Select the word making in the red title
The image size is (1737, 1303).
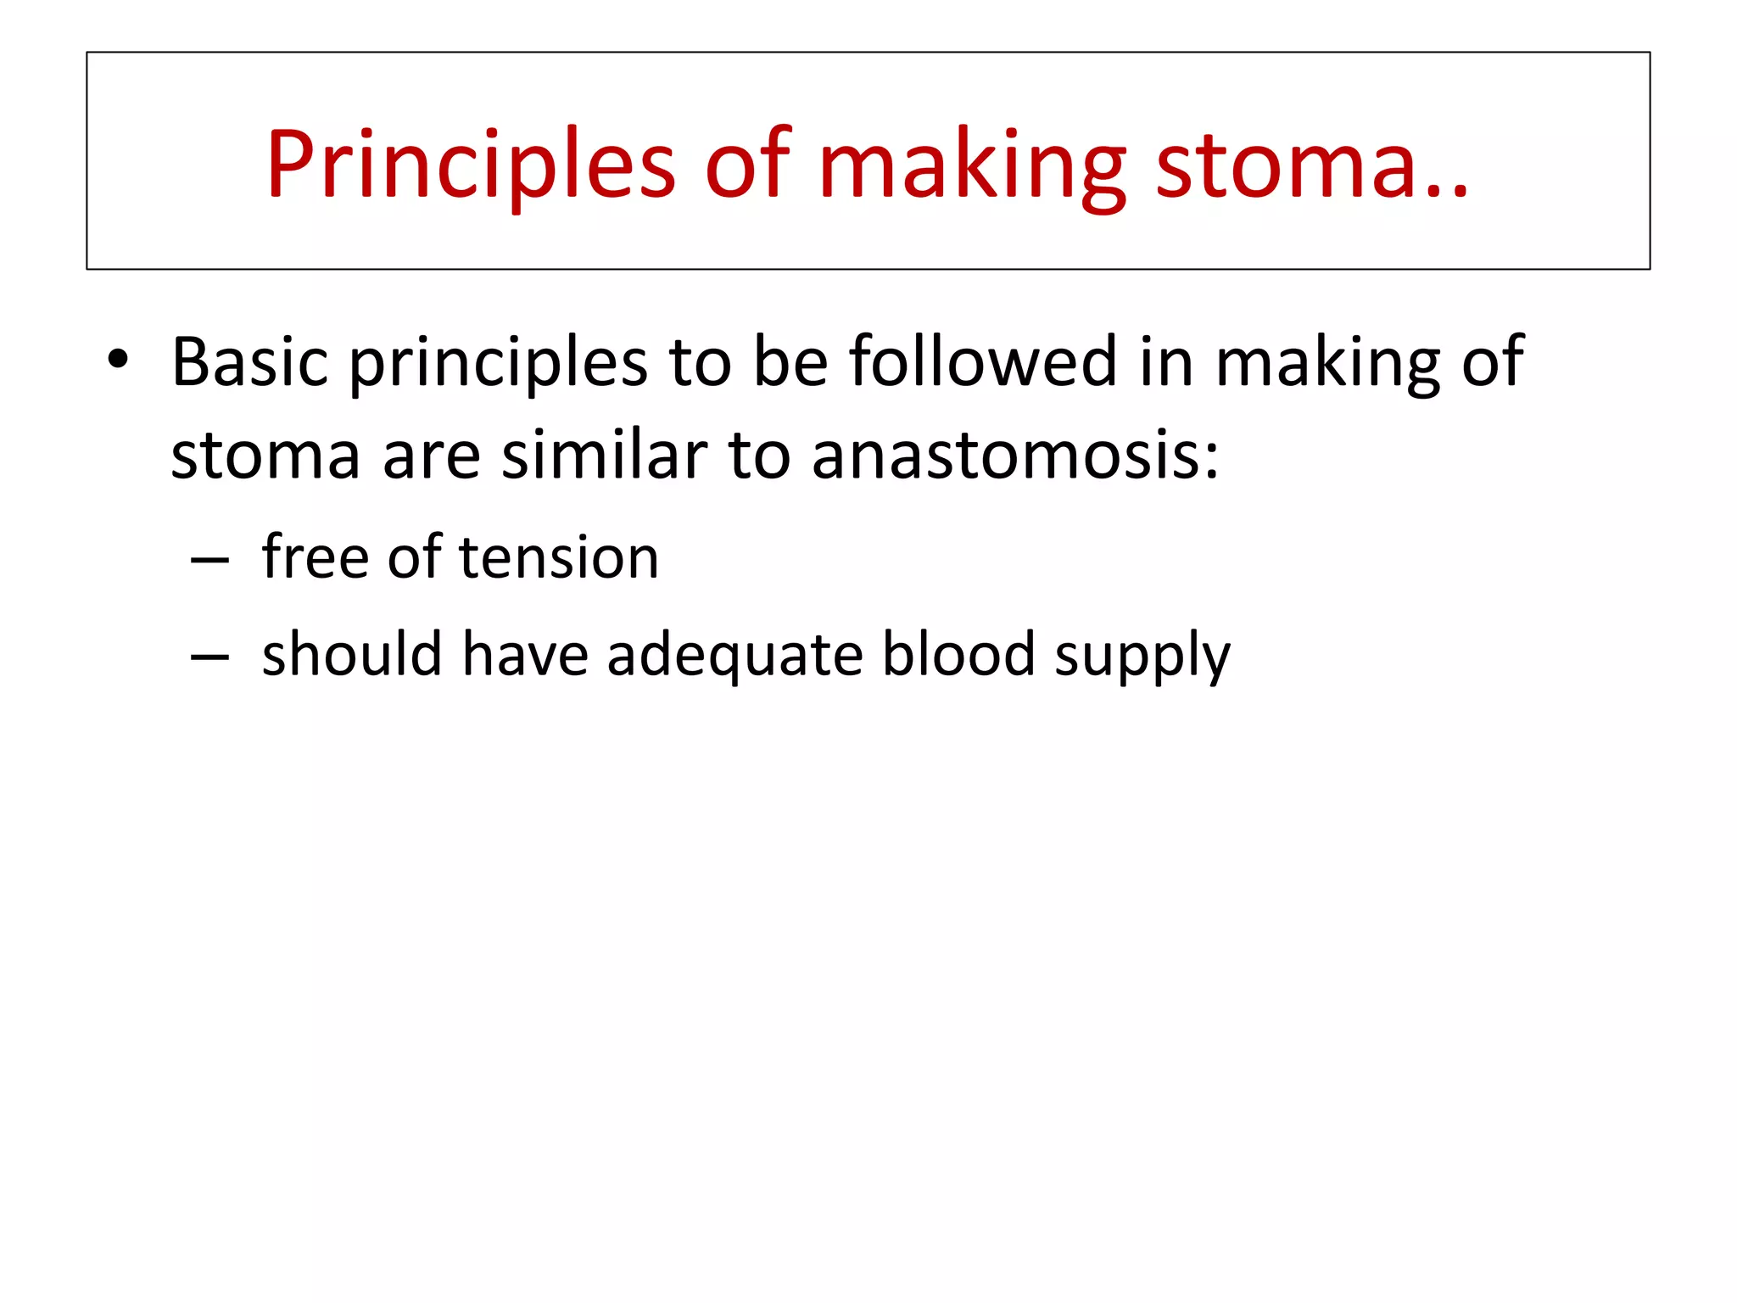point(972,165)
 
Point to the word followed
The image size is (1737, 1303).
point(984,362)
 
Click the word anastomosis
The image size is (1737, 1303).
point(1014,456)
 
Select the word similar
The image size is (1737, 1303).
point(604,456)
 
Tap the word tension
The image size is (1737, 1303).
point(559,557)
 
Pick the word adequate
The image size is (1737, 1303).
point(734,655)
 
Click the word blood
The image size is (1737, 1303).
point(958,655)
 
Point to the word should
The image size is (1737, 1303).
point(352,655)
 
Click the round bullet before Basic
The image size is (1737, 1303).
point(118,361)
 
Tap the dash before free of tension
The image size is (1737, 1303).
point(209,561)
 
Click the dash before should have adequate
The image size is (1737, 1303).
point(209,657)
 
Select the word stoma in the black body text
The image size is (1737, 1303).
point(265,456)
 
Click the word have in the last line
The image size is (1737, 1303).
point(524,655)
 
